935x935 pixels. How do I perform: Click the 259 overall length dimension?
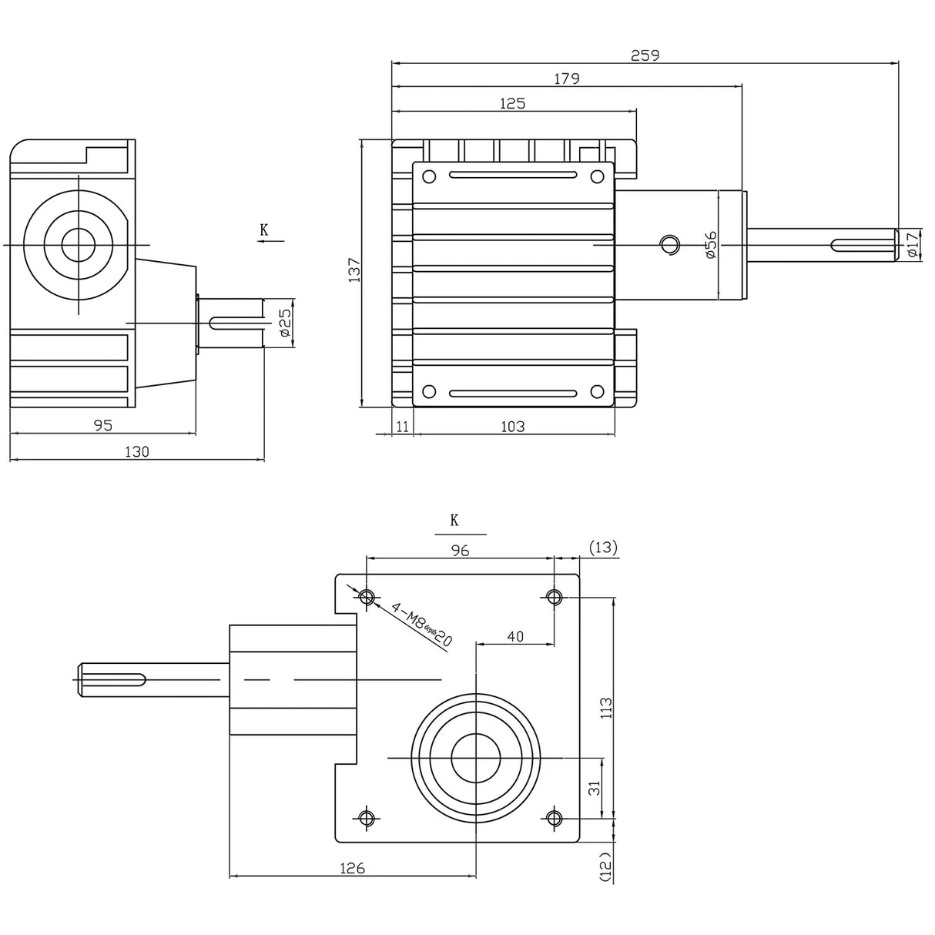coord(645,55)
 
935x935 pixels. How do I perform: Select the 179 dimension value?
coord(567,79)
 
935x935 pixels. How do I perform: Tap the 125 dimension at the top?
coord(513,103)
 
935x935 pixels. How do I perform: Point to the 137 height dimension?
coord(354,270)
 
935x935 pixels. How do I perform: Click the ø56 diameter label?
coord(710,244)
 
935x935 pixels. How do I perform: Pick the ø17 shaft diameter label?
coord(912,244)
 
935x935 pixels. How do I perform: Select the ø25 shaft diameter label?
coord(283,323)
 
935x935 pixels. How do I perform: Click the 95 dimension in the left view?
coord(102,424)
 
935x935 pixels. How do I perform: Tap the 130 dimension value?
coord(136,452)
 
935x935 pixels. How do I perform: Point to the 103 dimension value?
coord(513,426)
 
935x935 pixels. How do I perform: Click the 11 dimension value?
coord(402,426)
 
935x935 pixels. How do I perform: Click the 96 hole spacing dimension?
coord(460,549)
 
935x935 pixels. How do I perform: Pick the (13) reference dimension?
coord(603,548)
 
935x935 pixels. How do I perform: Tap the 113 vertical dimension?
coord(606,707)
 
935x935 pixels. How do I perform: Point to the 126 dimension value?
coord(352,868)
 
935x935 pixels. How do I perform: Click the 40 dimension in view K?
coord(515,635)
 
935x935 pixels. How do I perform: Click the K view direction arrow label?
coord(264,230)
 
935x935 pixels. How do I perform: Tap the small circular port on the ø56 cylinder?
coord(669,244)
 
